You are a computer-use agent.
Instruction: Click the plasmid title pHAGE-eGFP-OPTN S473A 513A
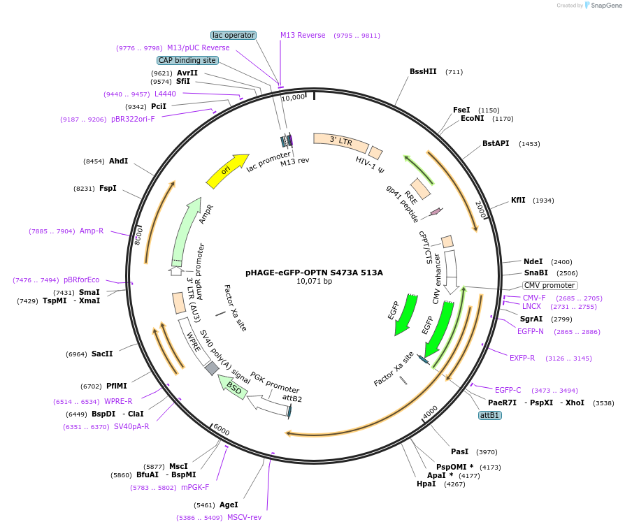point(314,273)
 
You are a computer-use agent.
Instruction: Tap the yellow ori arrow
point(227,171)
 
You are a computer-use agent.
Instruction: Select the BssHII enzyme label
point(422,71)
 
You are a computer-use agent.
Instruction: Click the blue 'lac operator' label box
point(234,35)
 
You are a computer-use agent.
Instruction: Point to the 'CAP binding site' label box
point(187,61)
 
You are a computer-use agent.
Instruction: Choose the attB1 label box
point(489,415)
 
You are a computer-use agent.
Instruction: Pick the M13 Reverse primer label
point(303,35)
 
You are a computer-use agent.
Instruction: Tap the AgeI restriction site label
point(228,505)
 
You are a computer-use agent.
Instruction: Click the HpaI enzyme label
point(426,484)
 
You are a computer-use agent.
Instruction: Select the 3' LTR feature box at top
point(340,143)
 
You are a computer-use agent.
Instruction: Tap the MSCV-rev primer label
point(244,517)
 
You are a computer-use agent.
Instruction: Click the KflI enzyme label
point(518,200)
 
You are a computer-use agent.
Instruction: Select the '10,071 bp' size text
point(314,282)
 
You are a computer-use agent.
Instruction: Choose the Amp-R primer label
point(92,231)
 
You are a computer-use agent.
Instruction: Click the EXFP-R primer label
point(522,358)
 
